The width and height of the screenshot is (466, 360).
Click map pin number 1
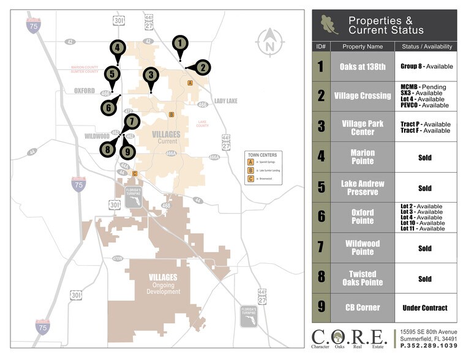click(x=179, y=43)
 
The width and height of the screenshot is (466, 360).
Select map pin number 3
click(x=151, y=75)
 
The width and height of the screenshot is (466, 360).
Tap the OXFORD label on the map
click(x=85, y=91)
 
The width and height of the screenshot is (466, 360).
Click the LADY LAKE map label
click(x=225, y=100)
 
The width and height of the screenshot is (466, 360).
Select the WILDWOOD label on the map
click(x=97, y=135)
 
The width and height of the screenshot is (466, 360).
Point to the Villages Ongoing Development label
click(x=163, y=284)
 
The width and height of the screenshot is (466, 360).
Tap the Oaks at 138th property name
click(x=363, y=66)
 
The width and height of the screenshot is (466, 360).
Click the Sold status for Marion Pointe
click(x=424, y=157)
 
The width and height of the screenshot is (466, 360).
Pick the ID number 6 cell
click(x=321, y=217)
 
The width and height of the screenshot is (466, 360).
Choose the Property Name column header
click(x=363, y=47)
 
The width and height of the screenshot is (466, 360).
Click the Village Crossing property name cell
click(x=363, y=96)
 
